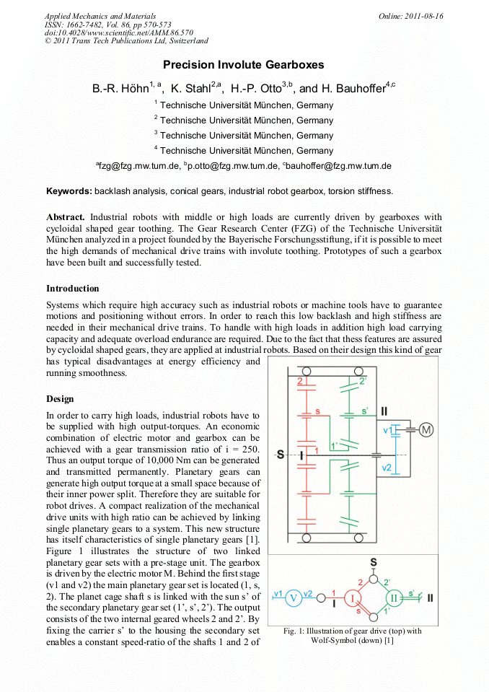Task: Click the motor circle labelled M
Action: pyautogui.click(x=426, y=430)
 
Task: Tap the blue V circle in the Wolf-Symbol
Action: pyautogui.click(x=294, y=598)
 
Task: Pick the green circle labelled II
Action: pyautogui.click(x=395, y=597)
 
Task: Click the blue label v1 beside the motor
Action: pyautogui.click(x=387, y=430)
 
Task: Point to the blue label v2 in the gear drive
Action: pyautogui.click(x=387, y=468)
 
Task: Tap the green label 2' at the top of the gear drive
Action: pyautogui.click(x=363, y=380)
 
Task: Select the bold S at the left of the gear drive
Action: pyautogui.click(x=281, y=455)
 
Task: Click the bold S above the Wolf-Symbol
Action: pyautogui.click(x=373, y=561)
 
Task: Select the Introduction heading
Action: pyautogui.click(x=73, y=289)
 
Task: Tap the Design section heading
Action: pyautogui.click(x=61, y=398)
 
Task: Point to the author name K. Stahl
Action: pyautogui.click(x=195, y=89)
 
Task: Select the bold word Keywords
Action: pyautogui.click(x=69, y=191)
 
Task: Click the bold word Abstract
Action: pyautogui.click(x=66, y=216)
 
